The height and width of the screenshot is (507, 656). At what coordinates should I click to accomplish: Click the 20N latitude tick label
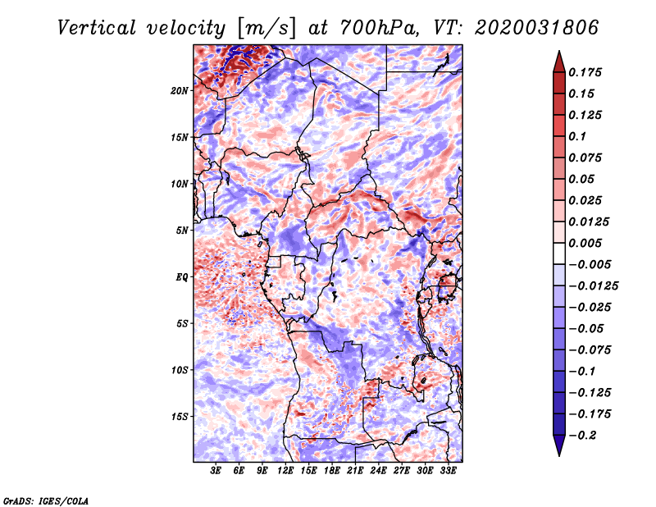pyautogui.click(x=180, y=91)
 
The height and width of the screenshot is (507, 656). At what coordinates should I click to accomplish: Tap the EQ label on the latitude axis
pyautogui.click(x=182, y=277)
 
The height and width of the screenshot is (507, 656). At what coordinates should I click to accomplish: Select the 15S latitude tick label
pyautogui.click(x=180, y=417)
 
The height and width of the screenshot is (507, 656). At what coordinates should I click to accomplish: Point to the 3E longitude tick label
pyautogui.click(x=216, y=471)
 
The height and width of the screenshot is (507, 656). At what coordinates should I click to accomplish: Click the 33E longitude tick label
pyautogui.click(x=448, y=471)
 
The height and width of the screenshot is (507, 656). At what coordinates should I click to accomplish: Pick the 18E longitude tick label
pyautogui.click(x=332, y=471)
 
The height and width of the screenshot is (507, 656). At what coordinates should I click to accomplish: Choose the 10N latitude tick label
pyautogui.click(x=180, y=184)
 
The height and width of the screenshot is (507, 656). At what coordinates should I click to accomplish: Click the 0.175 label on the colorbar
pyautogui.click(x=585, y=72)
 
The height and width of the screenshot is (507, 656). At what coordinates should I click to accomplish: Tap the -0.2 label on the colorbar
pyautogui.click(x=582, y=436)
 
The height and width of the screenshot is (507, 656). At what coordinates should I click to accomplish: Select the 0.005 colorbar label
pyautogui.click(x=585, y=243)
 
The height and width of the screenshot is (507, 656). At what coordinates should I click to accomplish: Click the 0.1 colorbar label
pyautogui.click(x=577, y=136)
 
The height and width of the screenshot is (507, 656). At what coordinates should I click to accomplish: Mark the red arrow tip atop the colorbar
pyautogui.click(x=559, y=52)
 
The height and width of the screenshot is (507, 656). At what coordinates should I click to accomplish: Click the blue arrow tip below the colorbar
pyautogui.click(x=559, y=455)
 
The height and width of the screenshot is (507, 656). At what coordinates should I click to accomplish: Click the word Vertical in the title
pyautogui.click(x=97, y=28)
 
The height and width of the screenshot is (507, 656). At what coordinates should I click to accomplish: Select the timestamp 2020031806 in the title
pyautogui.click(x=537, y=28)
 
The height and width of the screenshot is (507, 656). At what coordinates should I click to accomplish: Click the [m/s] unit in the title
pyautogui.click(x=266, y=28)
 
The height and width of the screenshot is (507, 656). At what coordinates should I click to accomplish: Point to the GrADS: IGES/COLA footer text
pyautogui.click(x=46, y=500)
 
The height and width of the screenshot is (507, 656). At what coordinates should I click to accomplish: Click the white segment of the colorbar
pyautogui.click(x=559, y=253)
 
